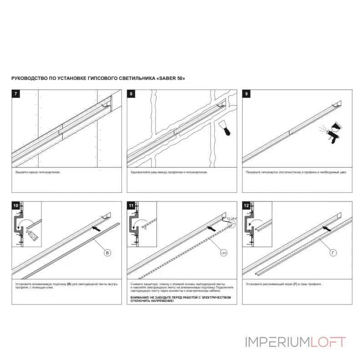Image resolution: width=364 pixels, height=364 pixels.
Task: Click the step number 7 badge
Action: pos(16,94)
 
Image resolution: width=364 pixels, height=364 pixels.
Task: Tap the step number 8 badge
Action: pos(131,94)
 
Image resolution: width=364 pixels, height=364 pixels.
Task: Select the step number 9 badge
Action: pos(247,94)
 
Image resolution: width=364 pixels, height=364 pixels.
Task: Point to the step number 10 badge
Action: pos(16,206)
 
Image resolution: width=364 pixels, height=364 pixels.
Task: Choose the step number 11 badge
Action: pos(131,206)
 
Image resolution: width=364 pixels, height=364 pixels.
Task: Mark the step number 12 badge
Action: pos(247,206)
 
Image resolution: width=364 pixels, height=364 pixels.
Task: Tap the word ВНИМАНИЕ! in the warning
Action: pos(140,297)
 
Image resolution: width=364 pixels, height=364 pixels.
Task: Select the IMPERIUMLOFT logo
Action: pos(296,342)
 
